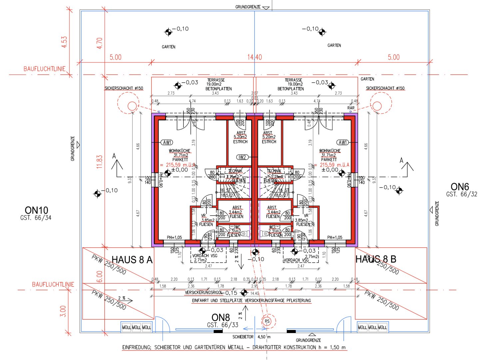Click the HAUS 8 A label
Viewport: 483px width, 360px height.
tap(132, 260)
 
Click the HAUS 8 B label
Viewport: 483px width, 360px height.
tap(376, 259)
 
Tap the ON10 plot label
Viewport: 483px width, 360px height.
tap(36, 210)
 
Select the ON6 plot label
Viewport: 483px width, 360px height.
tap(460, 187)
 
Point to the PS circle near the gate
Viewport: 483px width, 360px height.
tap(267, 321)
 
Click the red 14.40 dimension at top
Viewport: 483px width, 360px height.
tap(254, 57)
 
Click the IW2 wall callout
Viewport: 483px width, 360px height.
tap(242, 157)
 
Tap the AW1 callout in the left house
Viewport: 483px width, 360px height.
tap(167, 142)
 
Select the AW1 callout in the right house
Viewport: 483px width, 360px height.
tap(343, 142)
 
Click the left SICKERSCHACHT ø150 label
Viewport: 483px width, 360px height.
tap(124, 88)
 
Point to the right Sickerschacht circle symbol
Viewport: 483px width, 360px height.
tap(377, 106)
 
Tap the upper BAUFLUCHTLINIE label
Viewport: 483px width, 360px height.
tap(44, 69)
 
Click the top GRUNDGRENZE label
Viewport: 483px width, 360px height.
tap(248, 7)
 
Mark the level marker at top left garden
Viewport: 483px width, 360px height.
tap(169, 32)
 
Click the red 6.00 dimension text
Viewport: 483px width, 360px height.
tap(99, 276)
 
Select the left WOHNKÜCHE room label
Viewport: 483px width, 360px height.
tap(180, 151)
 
